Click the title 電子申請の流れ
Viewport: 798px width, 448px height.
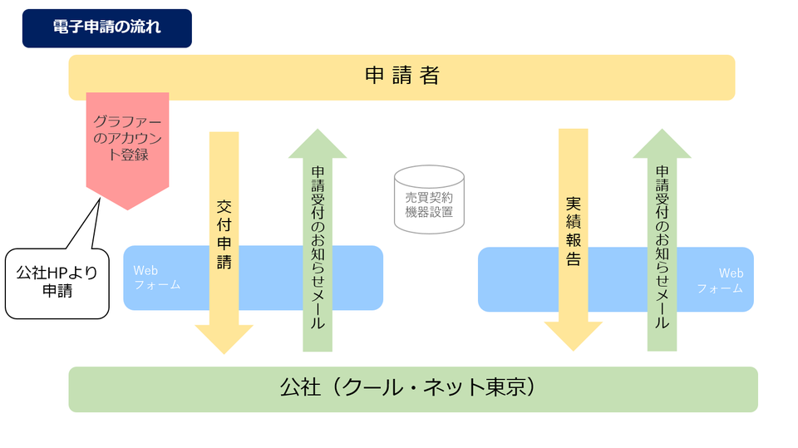point(106,27)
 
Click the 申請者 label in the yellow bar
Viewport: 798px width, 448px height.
point(401,76)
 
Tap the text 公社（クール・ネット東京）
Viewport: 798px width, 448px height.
point(406,388)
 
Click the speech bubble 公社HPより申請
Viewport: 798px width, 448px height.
point(57,283)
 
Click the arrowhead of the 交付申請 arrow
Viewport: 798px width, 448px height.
point(224,338)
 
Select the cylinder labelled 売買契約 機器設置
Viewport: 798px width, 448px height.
point(429,199)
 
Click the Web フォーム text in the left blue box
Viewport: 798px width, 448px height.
point(157,278)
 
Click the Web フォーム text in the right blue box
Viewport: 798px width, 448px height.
point(721,280)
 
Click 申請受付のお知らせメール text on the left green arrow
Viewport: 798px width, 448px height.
point(318,248)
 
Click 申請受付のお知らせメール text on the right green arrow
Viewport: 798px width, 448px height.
point(662,248)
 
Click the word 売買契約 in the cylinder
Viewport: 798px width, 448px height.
point(429,198)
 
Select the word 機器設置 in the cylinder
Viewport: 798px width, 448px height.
point(429,212)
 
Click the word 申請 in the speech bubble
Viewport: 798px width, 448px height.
point(57,291)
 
